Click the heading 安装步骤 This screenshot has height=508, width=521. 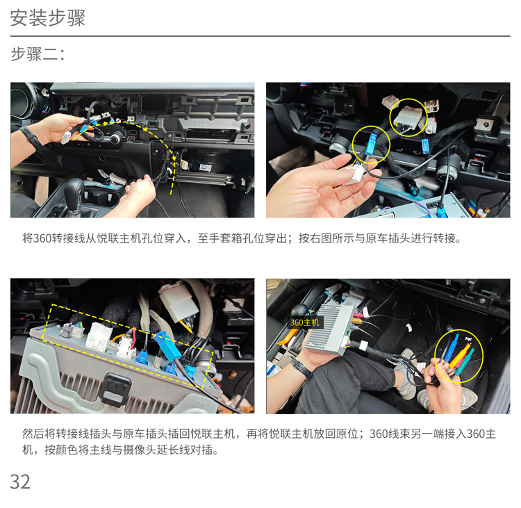coord(47,17)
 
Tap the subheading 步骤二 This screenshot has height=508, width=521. coord(38,54)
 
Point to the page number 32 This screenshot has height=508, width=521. coord(20,481)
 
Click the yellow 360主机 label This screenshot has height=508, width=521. coord(304,322)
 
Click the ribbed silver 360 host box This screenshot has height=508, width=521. coord(329,329)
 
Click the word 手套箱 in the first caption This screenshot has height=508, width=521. coord(231,238)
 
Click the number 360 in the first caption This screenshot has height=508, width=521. coord(42,238)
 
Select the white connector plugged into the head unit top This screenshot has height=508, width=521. coord(97,336)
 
